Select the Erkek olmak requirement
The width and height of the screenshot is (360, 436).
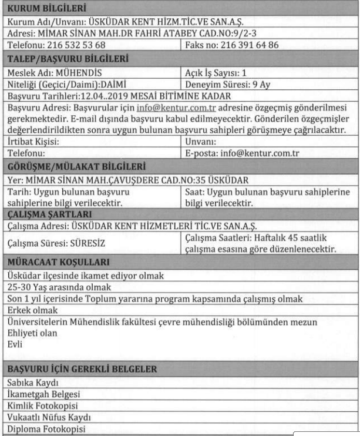[26, 310]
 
